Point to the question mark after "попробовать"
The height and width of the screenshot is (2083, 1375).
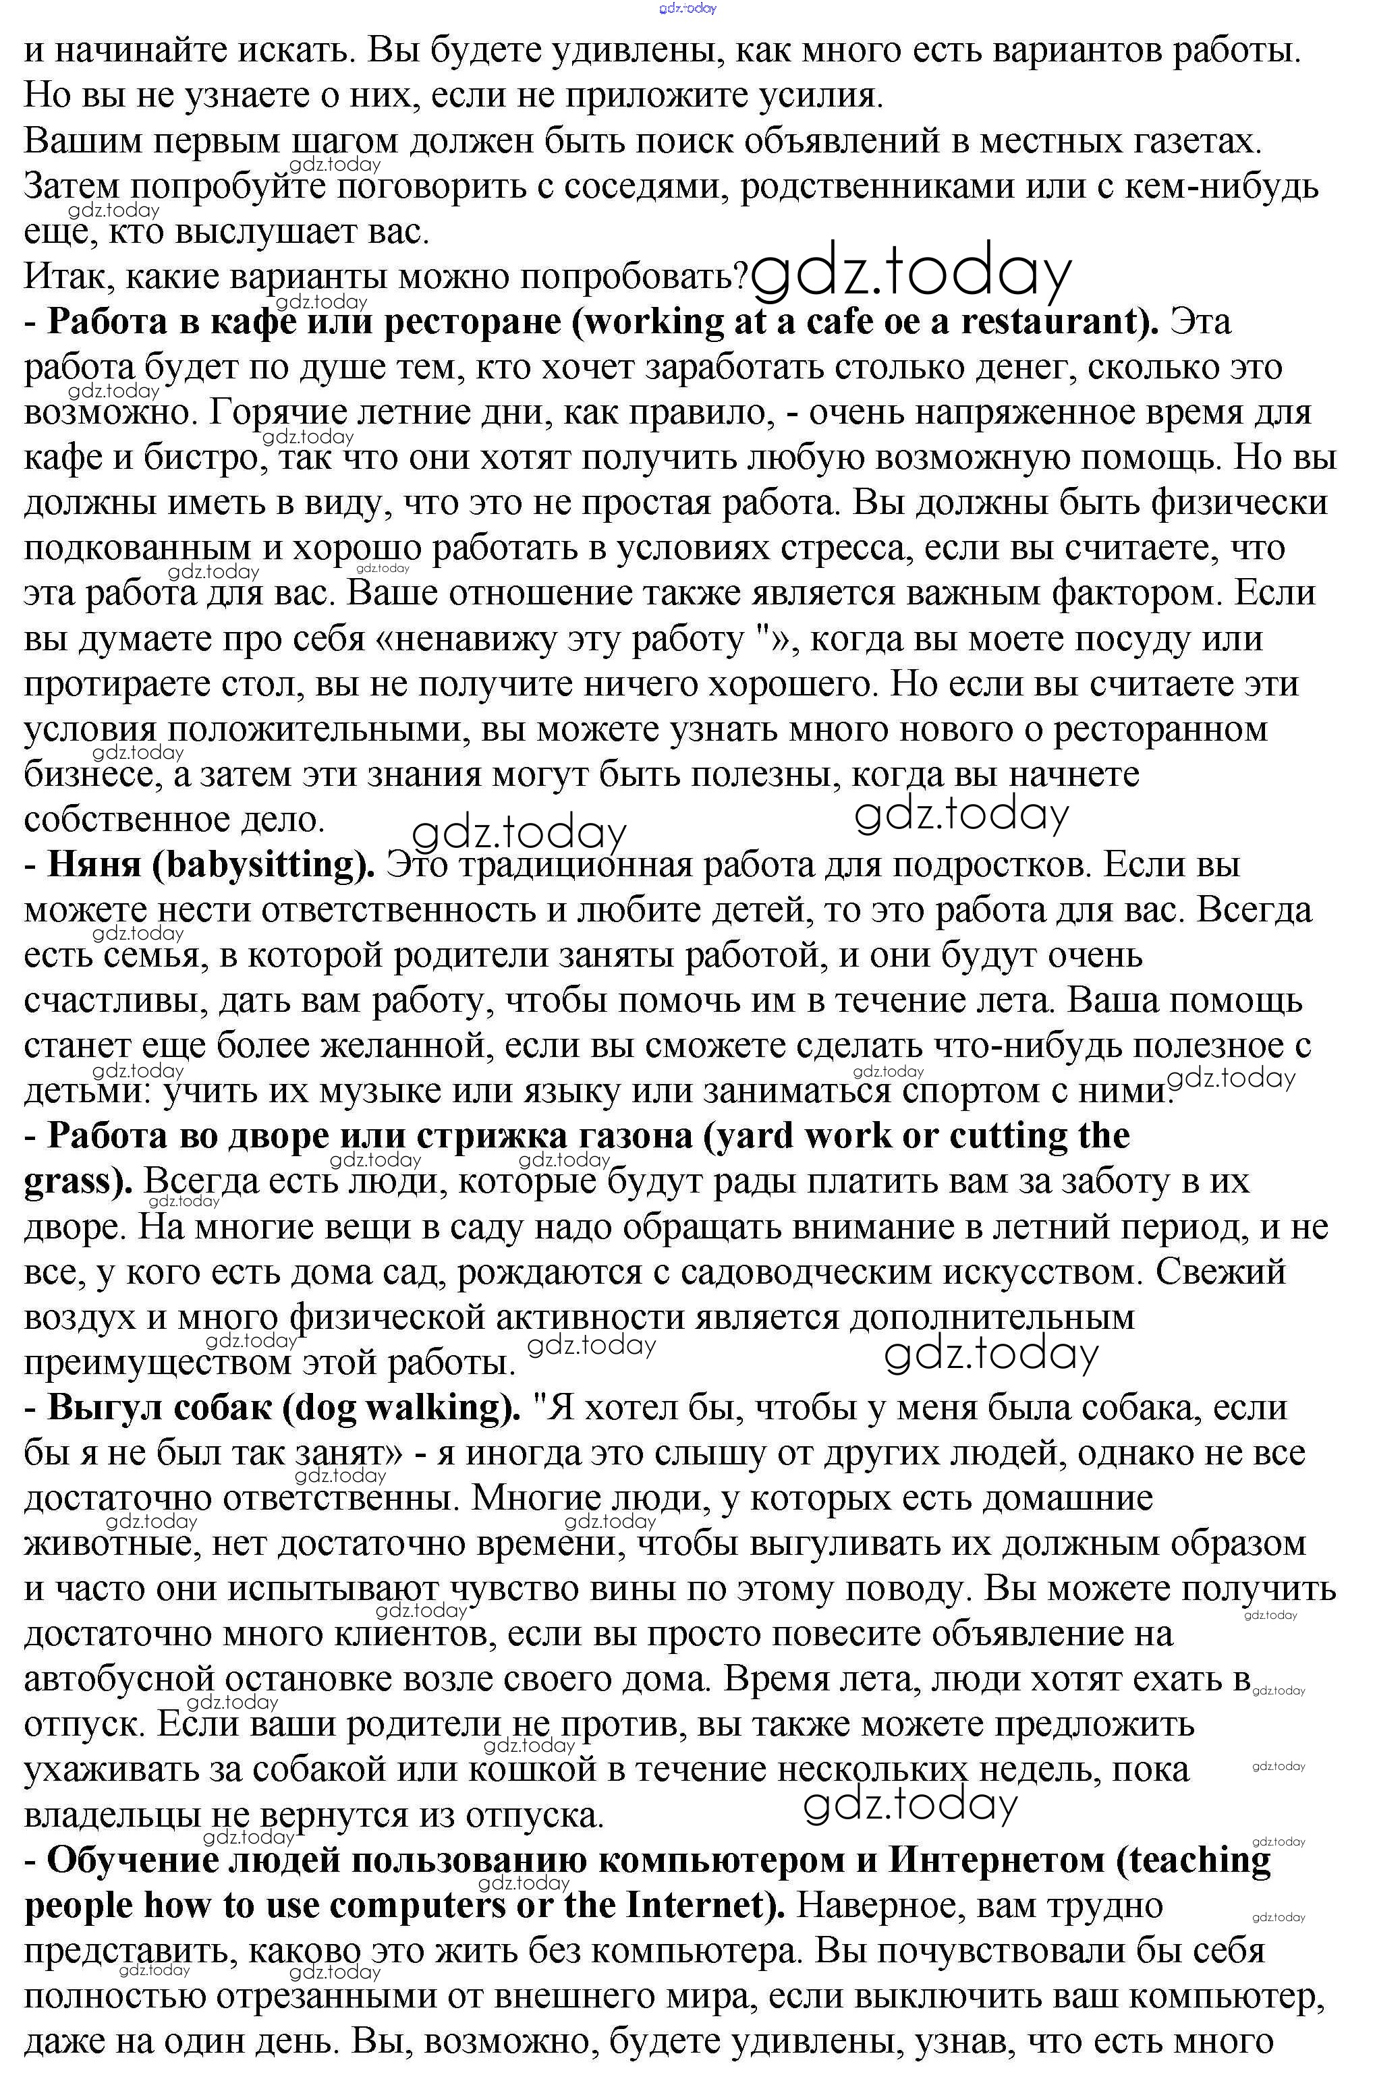pyautogui.click(x=740, y=277)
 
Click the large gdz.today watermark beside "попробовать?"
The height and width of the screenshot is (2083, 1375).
pyautogui.click(x=912, y=273)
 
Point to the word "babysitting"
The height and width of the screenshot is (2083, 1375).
pyautogui.click(x=263, y=865)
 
